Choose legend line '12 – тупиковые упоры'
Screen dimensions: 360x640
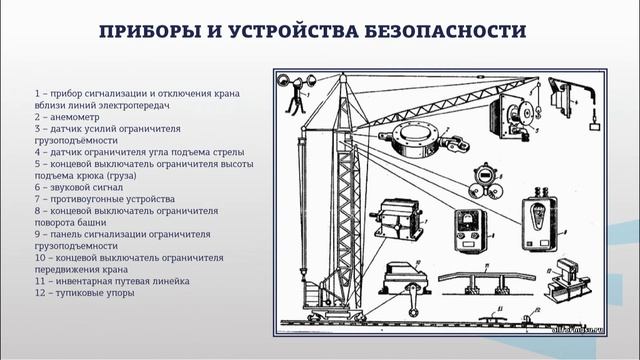coord(83,294)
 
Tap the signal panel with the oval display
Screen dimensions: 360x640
coord(538,224)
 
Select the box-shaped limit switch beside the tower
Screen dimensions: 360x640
coord(397,222)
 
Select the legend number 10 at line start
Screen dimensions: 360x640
coord(38,258)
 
